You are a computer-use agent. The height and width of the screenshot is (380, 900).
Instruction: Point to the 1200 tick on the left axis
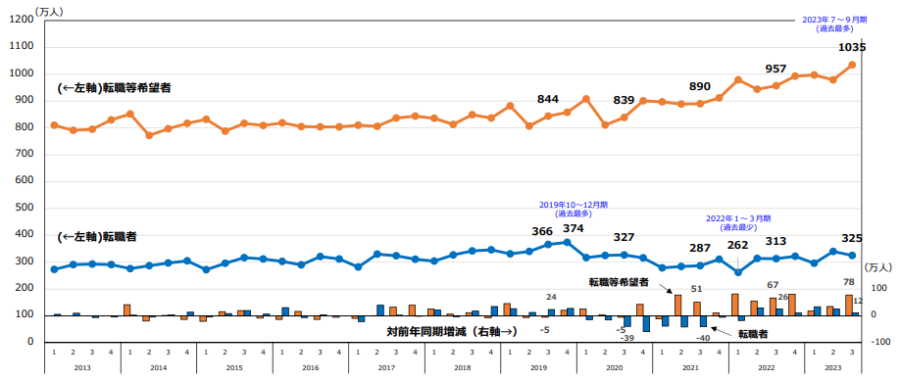tap(21, 21)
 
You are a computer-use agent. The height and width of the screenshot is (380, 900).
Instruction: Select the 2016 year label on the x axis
tap(311, 367)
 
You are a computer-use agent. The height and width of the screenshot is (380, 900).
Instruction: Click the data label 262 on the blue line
tap(738, 246)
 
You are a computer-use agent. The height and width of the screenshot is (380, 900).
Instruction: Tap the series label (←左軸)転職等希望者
tap(115, 88)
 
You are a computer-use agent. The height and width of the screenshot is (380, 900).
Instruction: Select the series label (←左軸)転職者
tap(97, 236)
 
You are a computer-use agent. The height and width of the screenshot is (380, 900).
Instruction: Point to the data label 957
tap(775, 70)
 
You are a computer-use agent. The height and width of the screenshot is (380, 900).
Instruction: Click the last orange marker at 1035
tap(852, 65)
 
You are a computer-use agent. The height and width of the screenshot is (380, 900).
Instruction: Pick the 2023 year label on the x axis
tap(832, 367)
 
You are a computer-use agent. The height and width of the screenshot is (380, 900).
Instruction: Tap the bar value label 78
tap(848, 283)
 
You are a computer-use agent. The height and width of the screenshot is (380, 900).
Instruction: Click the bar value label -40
tap(703, 337)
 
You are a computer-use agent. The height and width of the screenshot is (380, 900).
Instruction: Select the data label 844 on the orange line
tap(548, 99)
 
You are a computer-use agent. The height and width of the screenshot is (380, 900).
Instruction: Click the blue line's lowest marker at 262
tap(738, 271)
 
